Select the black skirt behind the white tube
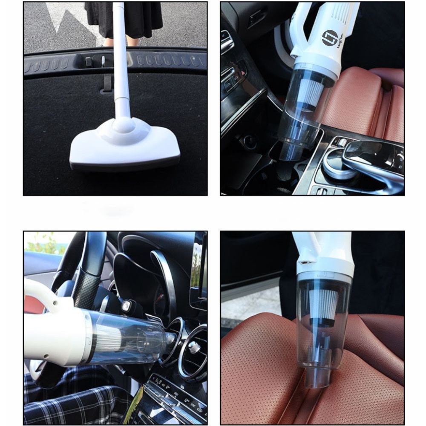coord(124,20)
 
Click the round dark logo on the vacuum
coord(330,38)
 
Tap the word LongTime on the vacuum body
coord(340,41)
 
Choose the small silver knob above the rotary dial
coord(342,142)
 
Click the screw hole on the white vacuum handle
coord(56,302)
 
